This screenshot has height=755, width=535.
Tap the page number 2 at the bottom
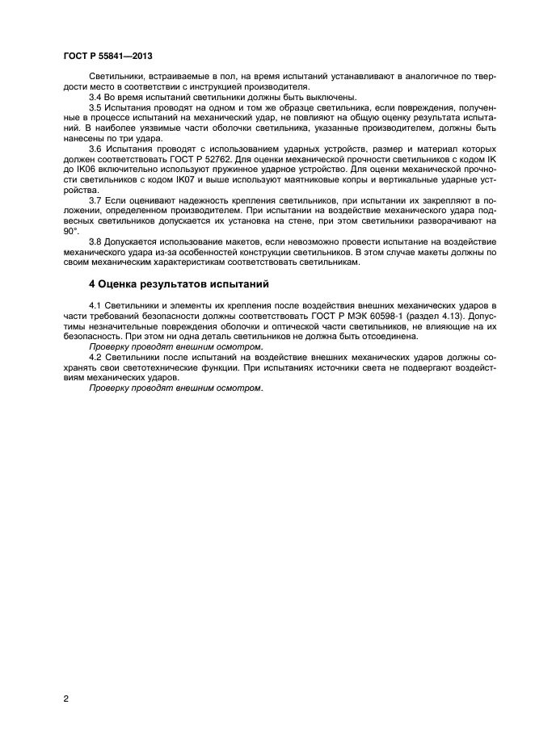65,698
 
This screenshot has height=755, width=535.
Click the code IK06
91,171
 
